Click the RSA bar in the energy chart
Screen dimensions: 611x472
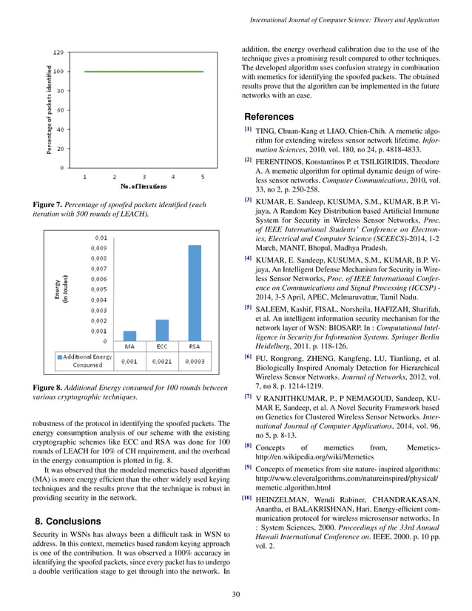tap(195, 293)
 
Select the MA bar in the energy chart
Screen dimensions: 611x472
tap(129, 336)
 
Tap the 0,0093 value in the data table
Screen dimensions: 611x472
tap(195, 362)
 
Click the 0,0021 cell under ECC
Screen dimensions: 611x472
tap(162, 362)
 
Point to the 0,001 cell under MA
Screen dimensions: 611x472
tap(129, 362)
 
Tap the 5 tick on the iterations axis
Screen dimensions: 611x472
tap(203, 177)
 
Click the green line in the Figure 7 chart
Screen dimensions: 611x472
tap(144, 72)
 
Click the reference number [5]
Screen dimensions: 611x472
tap(248, 307)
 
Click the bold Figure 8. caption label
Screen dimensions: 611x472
tap(51, 388)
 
